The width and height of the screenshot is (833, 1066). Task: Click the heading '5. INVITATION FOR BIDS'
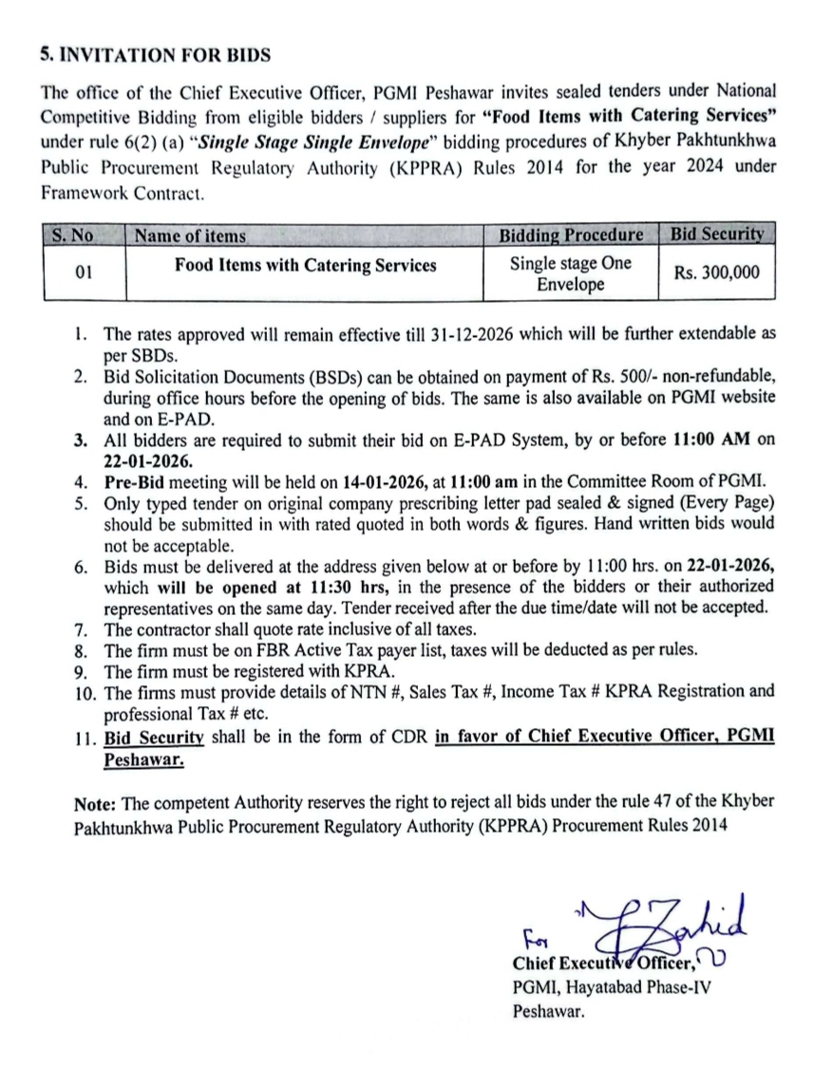(x=155, y=55)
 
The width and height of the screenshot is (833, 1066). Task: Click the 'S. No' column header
(x=71, y=235)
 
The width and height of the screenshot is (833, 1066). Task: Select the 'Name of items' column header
(x=190, y=235)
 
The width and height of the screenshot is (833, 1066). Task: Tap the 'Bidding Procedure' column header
(x=571, y=235)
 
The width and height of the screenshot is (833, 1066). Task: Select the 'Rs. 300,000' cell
(x=716, y=272)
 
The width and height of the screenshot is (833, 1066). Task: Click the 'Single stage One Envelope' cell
(x=571, y=273)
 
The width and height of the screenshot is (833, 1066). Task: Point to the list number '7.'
(x=83, y=629)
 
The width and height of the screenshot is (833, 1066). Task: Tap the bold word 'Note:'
(x=95, y=802)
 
